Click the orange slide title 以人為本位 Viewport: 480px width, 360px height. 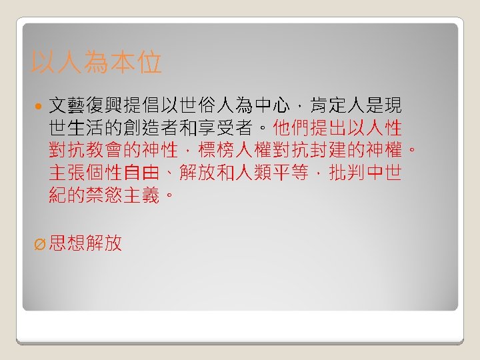pyautogui.click(x=96, y=64)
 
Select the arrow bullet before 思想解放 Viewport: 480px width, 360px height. pyautogui.click(x=39, y=244)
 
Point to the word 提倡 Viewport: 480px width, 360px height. pyautogui.click(x=139, y=105)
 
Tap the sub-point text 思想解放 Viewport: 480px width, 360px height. pyautogui.click(x=85, y=243)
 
